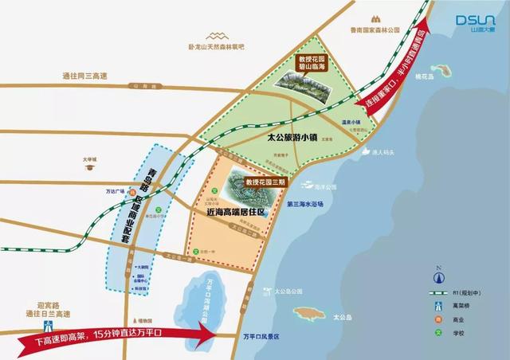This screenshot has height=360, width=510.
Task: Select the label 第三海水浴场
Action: point(305,203)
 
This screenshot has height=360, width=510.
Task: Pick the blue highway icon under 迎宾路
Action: point(49,323)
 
